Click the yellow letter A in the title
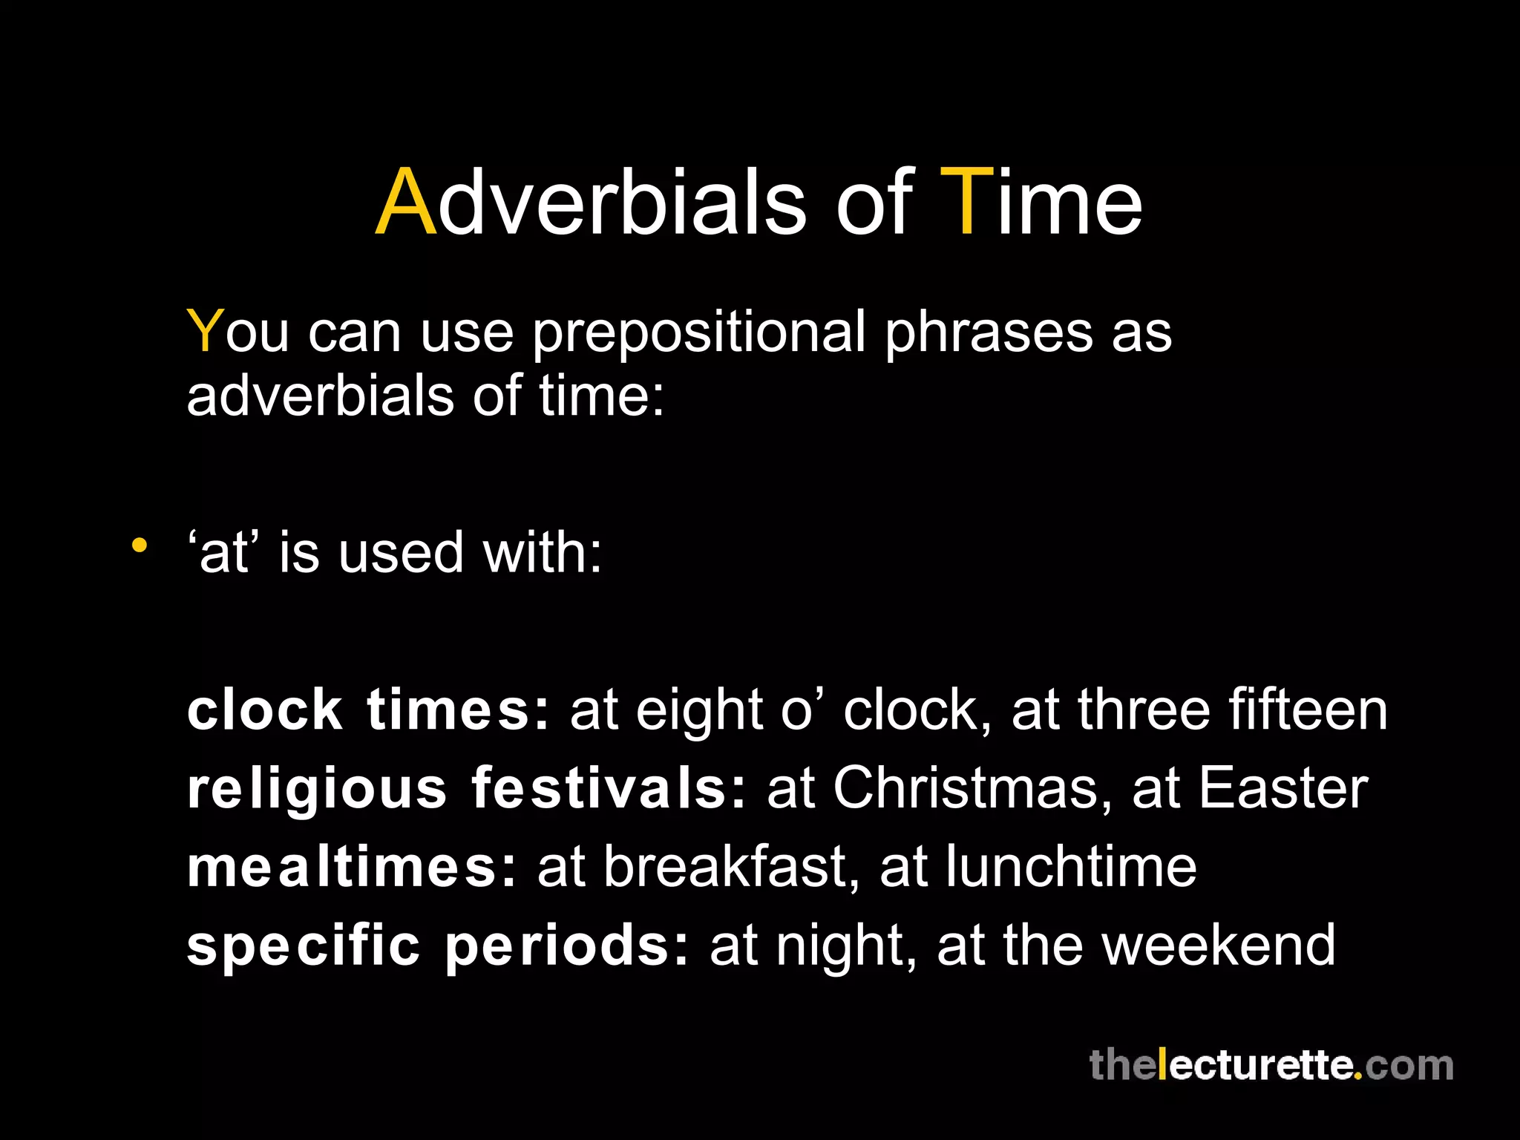click(406, 203)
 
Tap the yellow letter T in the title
click(966, 203)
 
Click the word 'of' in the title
click(874, 203)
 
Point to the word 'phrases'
click(988, 332)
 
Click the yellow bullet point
click(139, 546)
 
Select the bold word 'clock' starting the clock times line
click(264, 710)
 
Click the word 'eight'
click(699, 711)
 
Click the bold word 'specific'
click(303, 946)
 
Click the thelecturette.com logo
click(1271, 1065)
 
